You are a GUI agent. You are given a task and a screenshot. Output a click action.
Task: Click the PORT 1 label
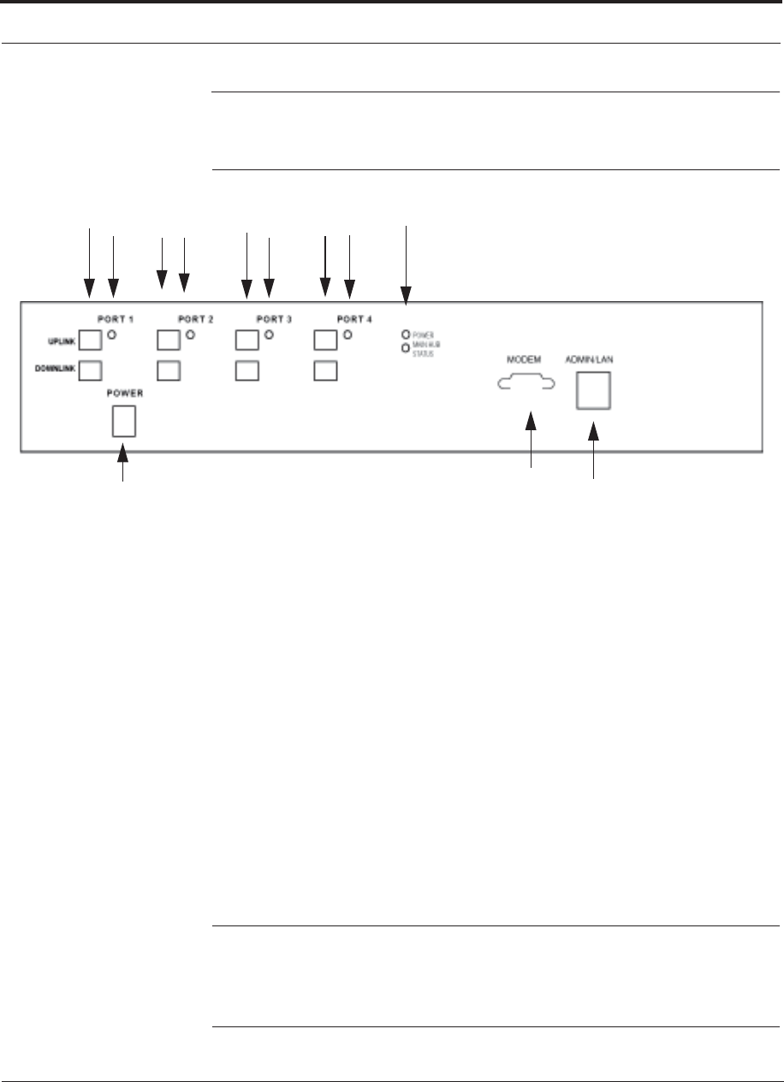point(115,319)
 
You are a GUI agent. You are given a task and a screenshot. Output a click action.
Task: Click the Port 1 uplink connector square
point(90,340)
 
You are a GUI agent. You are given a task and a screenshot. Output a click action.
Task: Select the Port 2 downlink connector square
point(169,371)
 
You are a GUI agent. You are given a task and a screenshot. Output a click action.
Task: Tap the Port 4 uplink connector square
point(326,340)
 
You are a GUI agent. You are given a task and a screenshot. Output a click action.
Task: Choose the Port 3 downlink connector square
point(247,371)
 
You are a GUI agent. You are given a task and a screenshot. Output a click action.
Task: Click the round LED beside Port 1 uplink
point(111,334)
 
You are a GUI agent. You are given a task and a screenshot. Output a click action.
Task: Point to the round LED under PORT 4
point(347,334)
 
